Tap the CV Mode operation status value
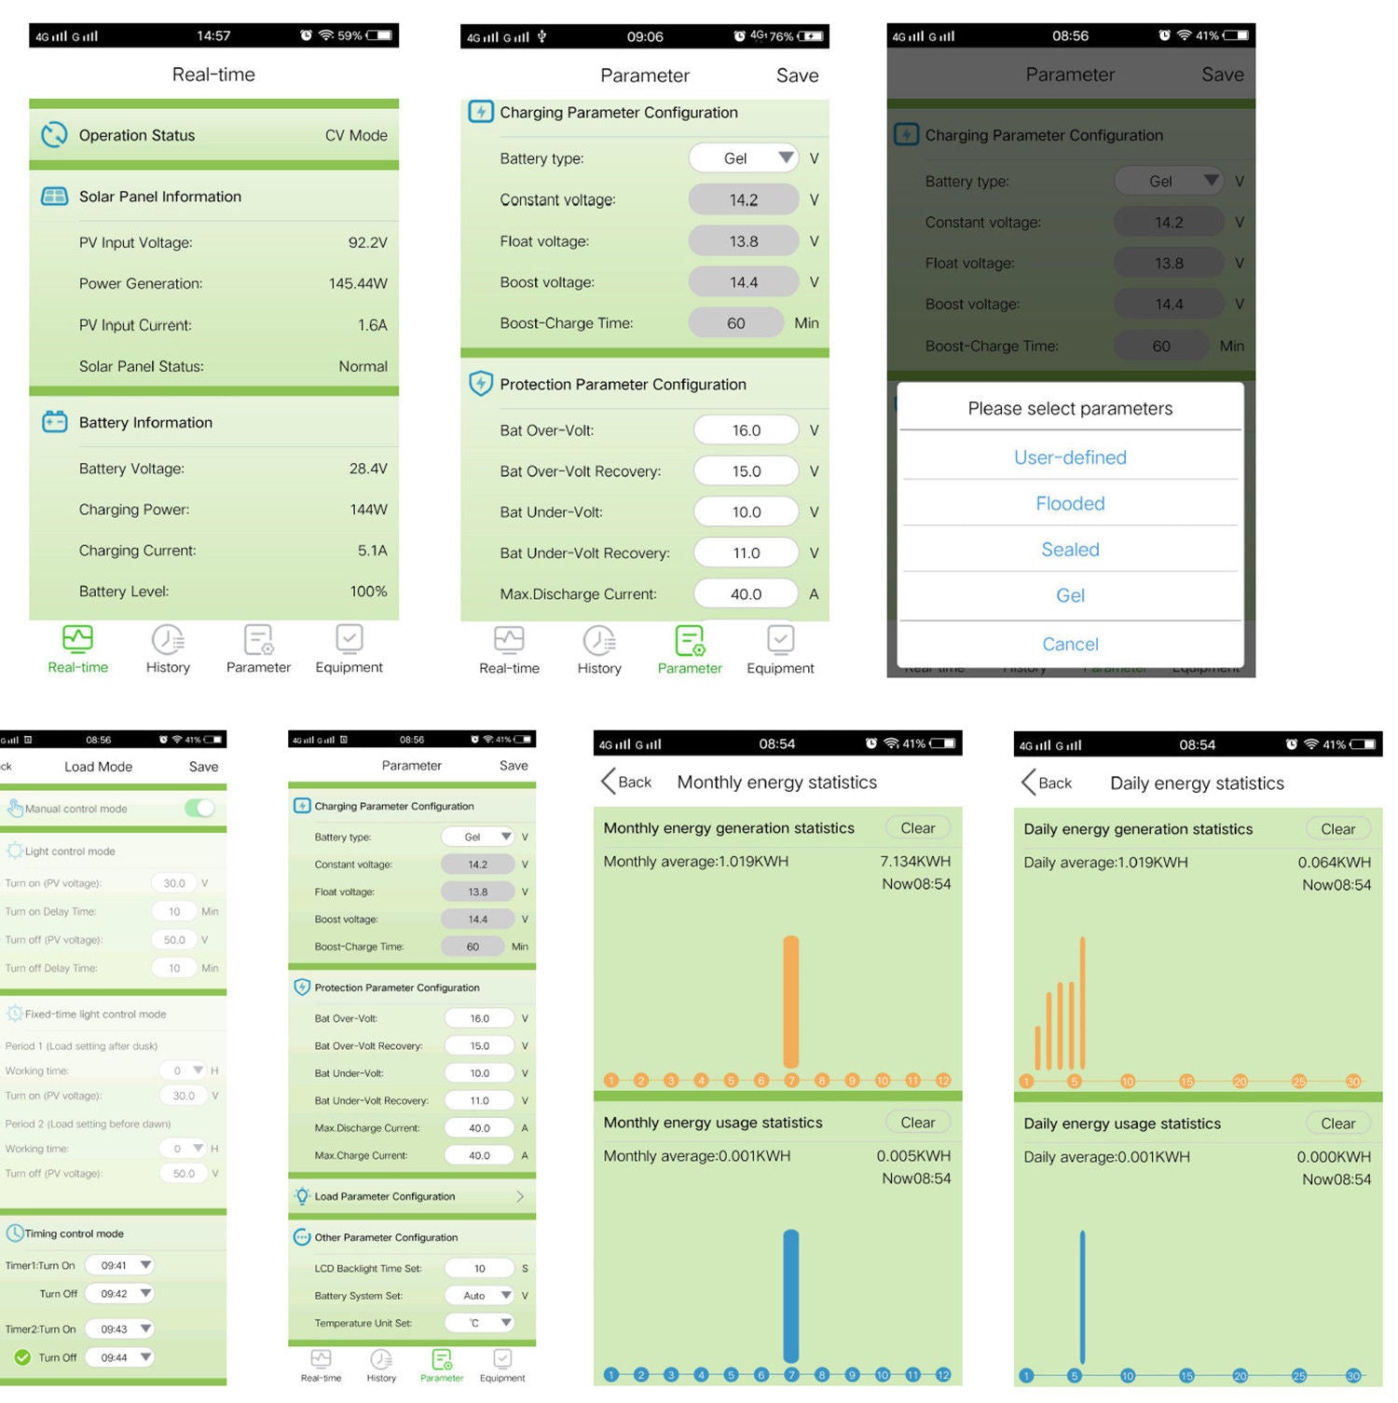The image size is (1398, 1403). (356, 135)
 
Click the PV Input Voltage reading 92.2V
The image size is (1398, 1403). (367, 242)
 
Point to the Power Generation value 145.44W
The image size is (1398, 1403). (358, 283)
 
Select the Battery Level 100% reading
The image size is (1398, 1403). (368, 592)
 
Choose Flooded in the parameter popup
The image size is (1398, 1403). (1070, 504)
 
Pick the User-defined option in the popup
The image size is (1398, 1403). (1070, 457)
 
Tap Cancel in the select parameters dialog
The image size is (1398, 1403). (1070, 644)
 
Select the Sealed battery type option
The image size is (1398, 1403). (1070, 550)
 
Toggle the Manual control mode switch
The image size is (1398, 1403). (199, 808)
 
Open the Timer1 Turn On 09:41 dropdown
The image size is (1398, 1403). (120, 1265)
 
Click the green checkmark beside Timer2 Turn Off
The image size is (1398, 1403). (22, 1357)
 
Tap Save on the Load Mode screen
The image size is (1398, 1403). (203, 767)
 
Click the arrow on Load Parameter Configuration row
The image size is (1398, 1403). (520, 1196)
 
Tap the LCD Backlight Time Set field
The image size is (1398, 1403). (479, 1268)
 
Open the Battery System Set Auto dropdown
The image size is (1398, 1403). (479, 1295)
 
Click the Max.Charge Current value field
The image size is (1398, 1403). (479, 1155)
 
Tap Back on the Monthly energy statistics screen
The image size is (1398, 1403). (626, 782)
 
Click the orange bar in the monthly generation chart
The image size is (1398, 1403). (791, 1001)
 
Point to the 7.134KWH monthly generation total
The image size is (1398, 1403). (915, 861)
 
